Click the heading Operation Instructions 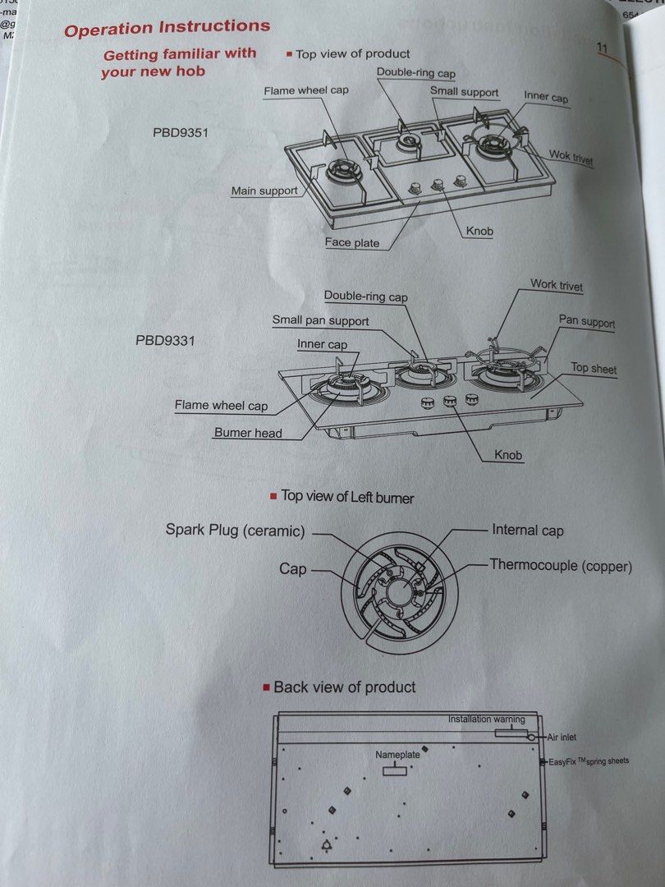pyautogui.click(x=167, y=28)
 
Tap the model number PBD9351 pyautogui.click(x=179, y=131)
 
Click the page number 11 pyautogui.click(x=603, y=48)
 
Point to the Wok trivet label pyautogui.click(x=571, y=157)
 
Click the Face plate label pyautogui.click(x=351, y=242)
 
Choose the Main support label pyautogui.click(x=264, y=191)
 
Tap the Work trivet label pyautogui.click(x=557, y=285)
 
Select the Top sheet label pyautogui.click(x=593, y=369)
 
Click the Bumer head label pyautogui.click(x=248, y=433)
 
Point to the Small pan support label pyautogui.click(x=320, y=320)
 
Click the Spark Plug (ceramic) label pyautogui.click(x=235, y=531)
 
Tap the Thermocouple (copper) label pyautogui.click(x=561, y=565)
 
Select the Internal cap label pyautogui.click(x=527, y=531)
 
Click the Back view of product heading pyautogui.click(x=345, y=687)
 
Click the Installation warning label pyautogui.click(x=486, y=719)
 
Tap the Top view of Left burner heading pyautogui.click(x=347, y=497)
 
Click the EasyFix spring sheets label pyautogui.click(x=588, y=761)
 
